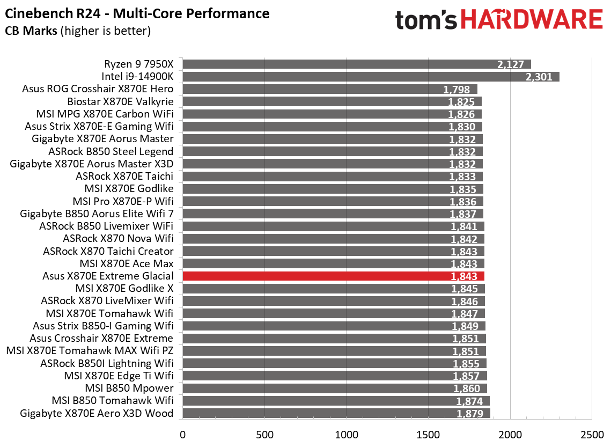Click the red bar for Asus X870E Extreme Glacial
[333, 276]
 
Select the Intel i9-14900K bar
[371, 77]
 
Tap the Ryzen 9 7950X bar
[356, 64]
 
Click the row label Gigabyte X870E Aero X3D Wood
[97, 413]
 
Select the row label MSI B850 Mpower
[129, 388]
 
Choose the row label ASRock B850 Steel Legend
[111, 151]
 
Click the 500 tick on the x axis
[264, 434]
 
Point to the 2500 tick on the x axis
[592, 434]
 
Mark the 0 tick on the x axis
[182, 434]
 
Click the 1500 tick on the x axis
[428, 434]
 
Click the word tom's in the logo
[425, 20]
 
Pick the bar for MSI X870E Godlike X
[334, 288]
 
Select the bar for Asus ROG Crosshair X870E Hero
[330, 89]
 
